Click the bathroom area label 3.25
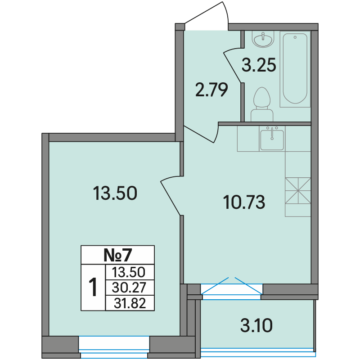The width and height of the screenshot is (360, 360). click(x=259, y=65)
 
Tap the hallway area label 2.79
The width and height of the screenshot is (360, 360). click(x=211, y=90)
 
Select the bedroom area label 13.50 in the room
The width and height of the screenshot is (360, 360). click(x=115, y=193)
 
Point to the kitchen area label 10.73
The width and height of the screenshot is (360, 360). click(x=244, y=202)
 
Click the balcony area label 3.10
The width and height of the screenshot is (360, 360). click(x=256, y=325)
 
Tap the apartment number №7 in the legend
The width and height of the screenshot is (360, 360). click(x=118, y=255)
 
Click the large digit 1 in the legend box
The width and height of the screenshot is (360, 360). click(x=93, y=287)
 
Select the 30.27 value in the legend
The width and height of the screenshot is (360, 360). click(x=129, y=288)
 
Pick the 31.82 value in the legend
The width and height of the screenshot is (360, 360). click(x=130, y=303)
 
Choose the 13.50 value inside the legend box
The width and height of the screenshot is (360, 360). click(x=129, y=272)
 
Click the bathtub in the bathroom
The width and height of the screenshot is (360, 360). click(x=295, y=69)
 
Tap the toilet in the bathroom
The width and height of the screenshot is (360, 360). click(x=262, y=104)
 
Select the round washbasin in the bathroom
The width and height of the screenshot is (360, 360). click(x=263, y=39)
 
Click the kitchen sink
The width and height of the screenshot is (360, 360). click(x=272, y=139)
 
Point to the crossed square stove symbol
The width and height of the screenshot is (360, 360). click(x=298, y=190)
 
